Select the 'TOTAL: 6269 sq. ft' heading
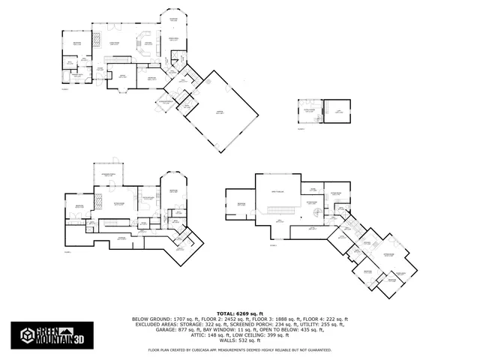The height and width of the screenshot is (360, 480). [240, 313]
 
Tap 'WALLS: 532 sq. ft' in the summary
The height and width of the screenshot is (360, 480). [240, 340]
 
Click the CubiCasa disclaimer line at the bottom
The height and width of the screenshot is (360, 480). [240, 349]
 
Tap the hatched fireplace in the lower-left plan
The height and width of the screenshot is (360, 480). [96, 200]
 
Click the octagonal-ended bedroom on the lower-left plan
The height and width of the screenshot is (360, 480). [173, 190]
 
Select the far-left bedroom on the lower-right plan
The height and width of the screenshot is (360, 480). [241, 204]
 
